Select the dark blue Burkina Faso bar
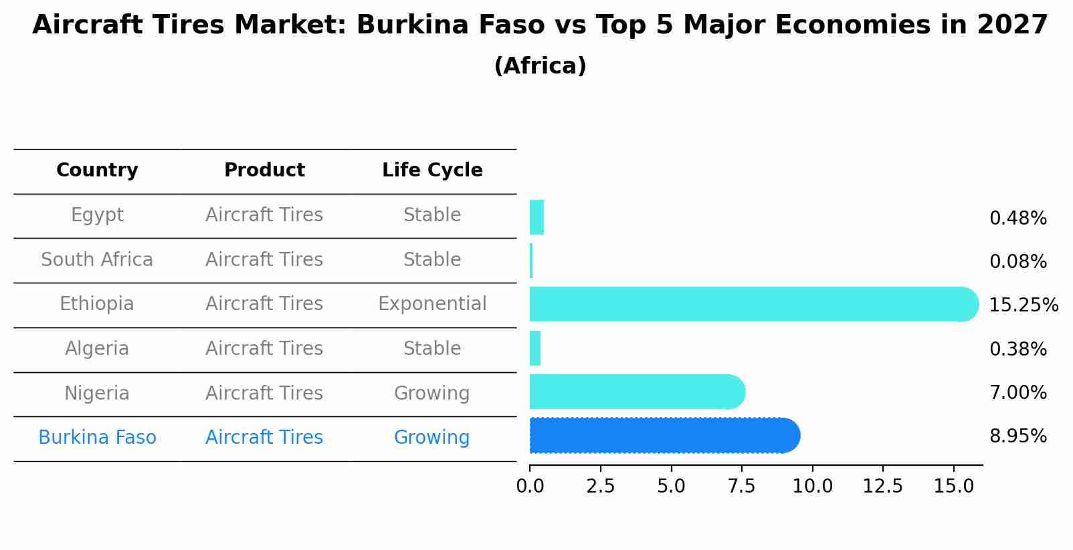pos(662,436)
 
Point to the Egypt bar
pos(536,217)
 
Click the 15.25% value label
pos(1023,305)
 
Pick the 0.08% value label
pos(1017,262)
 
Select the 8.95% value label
pos(1017,436)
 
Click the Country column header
pos(97,170)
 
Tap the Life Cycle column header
pos(432,170)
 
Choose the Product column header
pos(264,170)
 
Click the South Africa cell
pos(97,259)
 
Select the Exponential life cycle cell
pos(432,304)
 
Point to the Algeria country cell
pos(97,349)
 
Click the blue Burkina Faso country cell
pos(97,438)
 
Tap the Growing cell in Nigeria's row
pos(432,393)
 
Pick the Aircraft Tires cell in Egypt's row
pos(264,215)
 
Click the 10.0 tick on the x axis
pos(812,487)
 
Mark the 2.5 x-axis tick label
pos(600,487)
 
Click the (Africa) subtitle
pos(540,66)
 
